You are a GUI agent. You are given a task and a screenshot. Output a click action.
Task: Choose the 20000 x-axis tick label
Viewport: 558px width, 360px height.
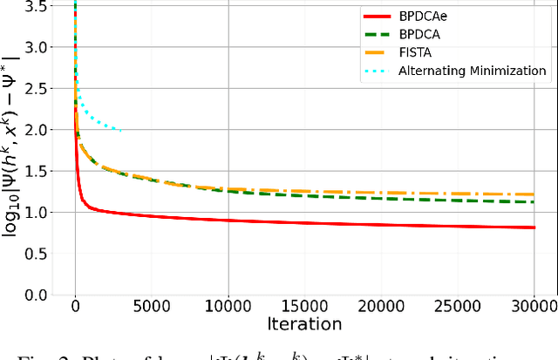click(x=389, y=307)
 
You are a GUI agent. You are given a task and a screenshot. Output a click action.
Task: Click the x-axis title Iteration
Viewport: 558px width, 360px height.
click(x=305, y=324)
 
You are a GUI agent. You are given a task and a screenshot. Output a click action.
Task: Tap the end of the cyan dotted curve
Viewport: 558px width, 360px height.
click(x=121, y=131)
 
